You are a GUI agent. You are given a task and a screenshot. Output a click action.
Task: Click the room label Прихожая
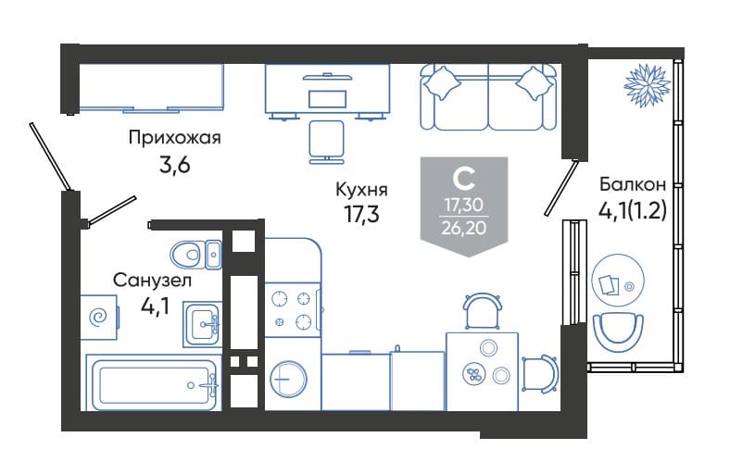tap(174, 138)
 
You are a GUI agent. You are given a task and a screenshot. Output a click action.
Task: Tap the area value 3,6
tap(174, 165)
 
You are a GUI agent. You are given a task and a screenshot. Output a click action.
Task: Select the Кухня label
tap(361, 190)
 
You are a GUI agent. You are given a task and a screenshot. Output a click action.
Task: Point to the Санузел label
tap(152, 281)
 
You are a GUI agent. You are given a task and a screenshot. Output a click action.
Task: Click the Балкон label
tap(632, 184)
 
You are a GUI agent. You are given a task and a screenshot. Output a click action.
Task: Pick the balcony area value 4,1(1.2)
tap(632, 211)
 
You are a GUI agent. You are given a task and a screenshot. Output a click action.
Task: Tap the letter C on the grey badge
tap(464, 179)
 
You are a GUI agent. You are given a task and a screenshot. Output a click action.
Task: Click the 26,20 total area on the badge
tap(464, 228)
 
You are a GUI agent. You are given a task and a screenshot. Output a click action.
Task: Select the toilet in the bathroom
tap(196, 255)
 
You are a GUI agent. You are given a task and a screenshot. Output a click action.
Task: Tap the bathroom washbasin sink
tap(203, 324)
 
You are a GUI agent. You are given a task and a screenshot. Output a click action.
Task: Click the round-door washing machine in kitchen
tap(289, 379)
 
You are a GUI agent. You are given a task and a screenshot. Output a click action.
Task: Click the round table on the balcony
tap(618, 280)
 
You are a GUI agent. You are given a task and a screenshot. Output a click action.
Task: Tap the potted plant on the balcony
tap(648, 84)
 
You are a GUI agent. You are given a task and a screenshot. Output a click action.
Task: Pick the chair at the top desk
tap(327, 143)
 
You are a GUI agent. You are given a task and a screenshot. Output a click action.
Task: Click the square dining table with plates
tap(483, 371)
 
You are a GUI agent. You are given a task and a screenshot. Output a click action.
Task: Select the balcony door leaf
tap(561, 188)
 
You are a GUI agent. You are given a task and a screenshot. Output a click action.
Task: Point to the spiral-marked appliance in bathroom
tap(99, 318)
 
